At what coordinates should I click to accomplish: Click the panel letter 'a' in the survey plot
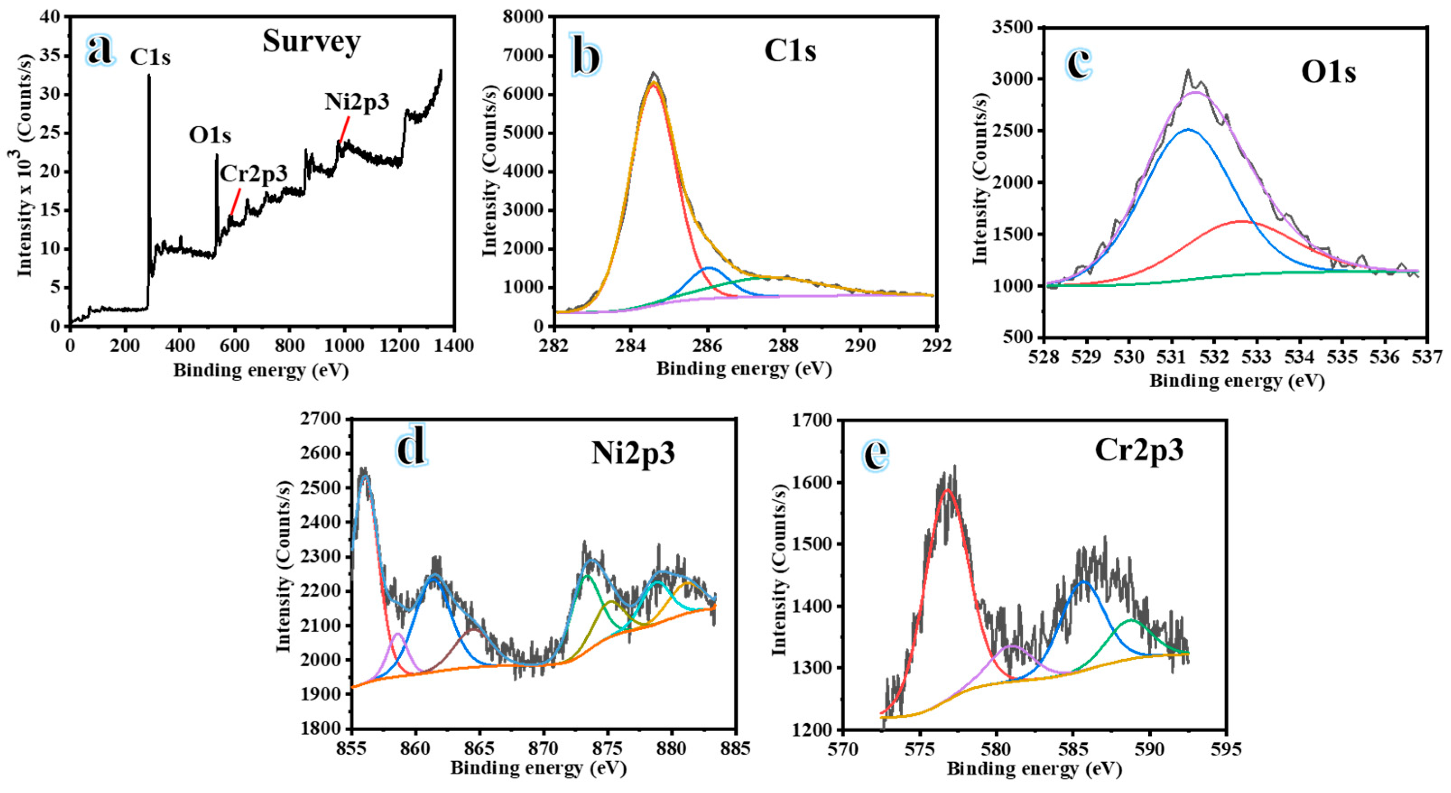(100, 50)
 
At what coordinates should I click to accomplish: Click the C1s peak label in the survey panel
(150, 57)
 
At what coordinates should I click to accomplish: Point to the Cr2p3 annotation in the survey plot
(254, 174)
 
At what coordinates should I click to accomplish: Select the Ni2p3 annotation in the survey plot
(356, 102)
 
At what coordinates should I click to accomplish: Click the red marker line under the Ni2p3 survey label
(344, 130)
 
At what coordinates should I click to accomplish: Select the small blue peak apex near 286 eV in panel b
(709, 268)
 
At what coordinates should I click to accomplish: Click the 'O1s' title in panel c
(1328, 73)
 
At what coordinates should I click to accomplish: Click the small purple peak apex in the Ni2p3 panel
(397, 634)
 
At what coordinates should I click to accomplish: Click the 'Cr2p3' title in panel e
(1138, 450)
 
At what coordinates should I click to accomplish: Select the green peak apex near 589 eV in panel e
(1131, 619)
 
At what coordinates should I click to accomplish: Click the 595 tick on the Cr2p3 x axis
(1226, 749)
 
